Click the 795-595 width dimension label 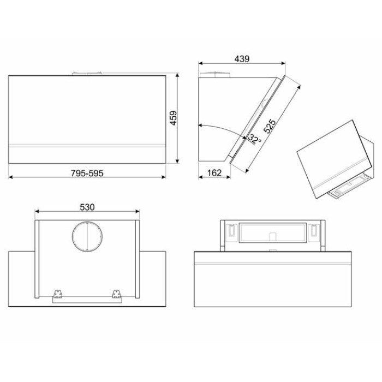pyautogui.click(x=87, y=173)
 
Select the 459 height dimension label pyautogui.click(x=173, y=118)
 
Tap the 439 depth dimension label pyautogui.click(x=242, y=59)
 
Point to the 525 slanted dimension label pyautogui.click(x=270, y=126)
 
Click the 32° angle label pyautogui.click(x=255, y=139)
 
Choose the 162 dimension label pyautogui.click(x=214, y=173)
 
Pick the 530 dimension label pyautogui.click(x=87, y=207)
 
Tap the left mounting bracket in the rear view pyautogui.click(x=58, y=294)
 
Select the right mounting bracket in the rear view pyautogui.click(x=116, y=294)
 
